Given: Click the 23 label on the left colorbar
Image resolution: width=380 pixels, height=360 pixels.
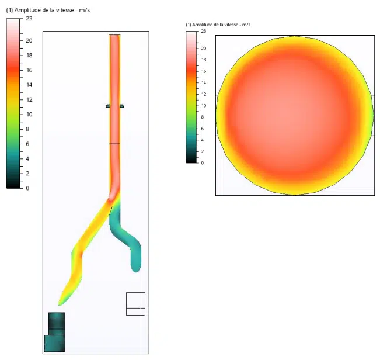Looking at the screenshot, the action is (29, 19).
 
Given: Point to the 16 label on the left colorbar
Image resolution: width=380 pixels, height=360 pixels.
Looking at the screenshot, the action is (29, 70).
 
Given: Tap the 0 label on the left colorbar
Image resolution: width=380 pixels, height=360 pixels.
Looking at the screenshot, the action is (27, 188).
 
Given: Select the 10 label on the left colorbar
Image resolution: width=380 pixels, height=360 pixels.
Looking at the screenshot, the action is (29, 115).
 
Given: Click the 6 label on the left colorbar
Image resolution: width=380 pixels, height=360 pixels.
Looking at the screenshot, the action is (27, 144).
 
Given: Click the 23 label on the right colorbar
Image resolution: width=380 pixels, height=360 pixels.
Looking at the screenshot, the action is (204, 31).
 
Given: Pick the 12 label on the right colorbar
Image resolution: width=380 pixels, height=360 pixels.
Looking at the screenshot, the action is (204, 94).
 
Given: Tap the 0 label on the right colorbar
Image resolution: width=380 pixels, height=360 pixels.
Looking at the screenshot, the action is (203, 163).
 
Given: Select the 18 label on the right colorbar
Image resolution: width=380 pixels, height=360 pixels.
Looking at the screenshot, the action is (204, 60).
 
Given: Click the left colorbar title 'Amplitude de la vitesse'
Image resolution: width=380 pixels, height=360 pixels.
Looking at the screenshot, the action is (44, 10).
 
